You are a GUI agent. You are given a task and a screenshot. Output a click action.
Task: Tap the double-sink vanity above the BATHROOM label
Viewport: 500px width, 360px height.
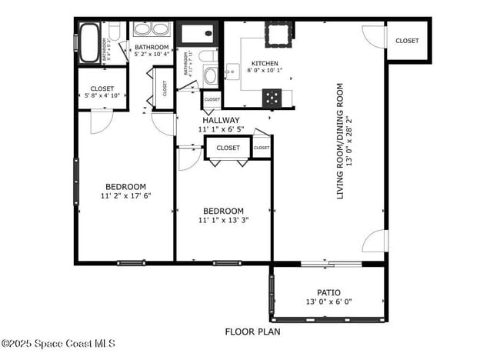pyautogui.click(x=152, y=31)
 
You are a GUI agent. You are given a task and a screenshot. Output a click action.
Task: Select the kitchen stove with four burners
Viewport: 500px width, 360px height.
pyautogui.click(x=273, y=97)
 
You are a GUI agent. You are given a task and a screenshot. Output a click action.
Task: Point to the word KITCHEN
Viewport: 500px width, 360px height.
pyautogui.click(x=265, y=64)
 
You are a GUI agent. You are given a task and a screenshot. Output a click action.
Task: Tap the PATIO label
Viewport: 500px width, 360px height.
pyautogui.click(x=328, y=292)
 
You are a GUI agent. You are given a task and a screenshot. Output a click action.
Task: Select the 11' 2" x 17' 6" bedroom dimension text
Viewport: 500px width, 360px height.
pyautogui.click(x=125, y=195)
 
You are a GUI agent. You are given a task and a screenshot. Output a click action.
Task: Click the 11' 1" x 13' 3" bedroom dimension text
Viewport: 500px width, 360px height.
pyautogui.click(x=223, y=220)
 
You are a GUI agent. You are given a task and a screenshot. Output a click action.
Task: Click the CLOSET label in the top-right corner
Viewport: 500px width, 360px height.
pyautogui.click(x=407, y=41)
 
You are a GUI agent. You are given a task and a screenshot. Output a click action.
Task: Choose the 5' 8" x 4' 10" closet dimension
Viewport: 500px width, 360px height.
pyautogui.click(x=102, y=96)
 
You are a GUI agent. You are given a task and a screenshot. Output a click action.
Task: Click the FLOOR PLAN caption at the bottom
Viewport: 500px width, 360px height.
pyautogui.click(x=252, y=332)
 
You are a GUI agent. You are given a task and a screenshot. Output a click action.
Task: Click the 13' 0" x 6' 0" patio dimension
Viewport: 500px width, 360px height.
pyautogui.click(x=328, y=302)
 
